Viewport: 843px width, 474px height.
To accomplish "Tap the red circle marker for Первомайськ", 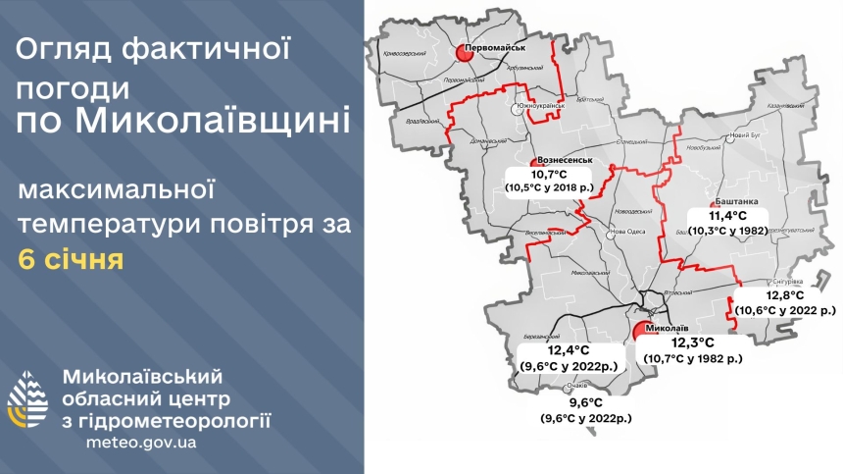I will tap(468, 55).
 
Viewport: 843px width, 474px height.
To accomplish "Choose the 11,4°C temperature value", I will tap(728, 215).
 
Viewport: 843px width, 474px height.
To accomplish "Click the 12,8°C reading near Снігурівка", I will tap(785, 294).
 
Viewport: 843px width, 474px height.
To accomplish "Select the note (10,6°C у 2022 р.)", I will tap(786, 309).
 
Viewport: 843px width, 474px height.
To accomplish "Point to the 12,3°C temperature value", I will tap(691, 343).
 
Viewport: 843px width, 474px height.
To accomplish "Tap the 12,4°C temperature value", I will tap(569, 350).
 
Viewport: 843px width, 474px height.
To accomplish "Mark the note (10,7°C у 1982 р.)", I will tap(693, 358).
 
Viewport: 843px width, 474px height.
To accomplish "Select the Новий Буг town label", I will tap(746, 133).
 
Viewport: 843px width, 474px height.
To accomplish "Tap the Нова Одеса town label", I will tap(628, 233).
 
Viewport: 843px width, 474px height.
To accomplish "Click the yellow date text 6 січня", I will tap(71, 260).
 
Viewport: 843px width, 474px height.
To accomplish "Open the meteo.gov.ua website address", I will tap(142, 443).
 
